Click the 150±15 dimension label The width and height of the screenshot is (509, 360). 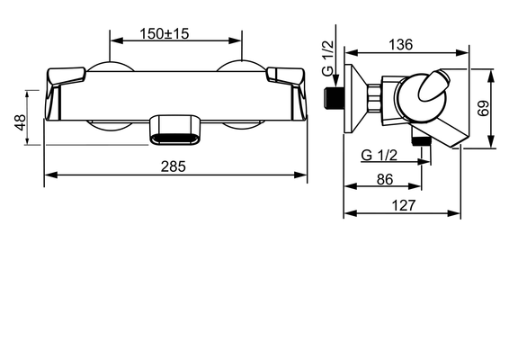coord(165,33)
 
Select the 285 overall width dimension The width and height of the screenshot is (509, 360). coord(174,166)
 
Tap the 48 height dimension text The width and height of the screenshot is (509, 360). coord(21,122)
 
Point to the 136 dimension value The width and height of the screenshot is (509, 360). coord(401,44)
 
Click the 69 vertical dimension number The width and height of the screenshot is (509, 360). coord(483,108)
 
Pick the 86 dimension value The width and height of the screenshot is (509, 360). coord(385,179)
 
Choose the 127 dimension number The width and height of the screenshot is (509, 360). coord(404,205)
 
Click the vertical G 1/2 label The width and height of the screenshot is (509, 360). coord(328,58)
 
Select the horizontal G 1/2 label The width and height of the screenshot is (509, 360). coord(380,156)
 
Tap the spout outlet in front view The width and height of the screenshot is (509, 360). coord(175,130)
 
